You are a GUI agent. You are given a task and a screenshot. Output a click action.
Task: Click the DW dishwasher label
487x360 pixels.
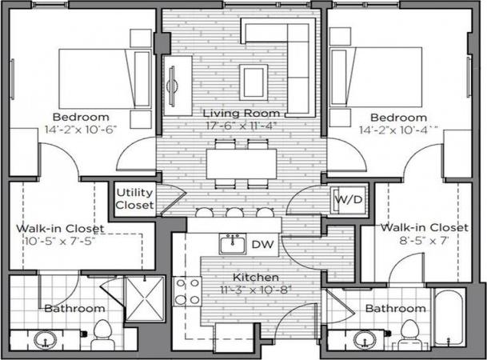coord(261,244)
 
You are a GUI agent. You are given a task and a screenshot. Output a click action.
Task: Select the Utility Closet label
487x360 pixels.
coord(134,198)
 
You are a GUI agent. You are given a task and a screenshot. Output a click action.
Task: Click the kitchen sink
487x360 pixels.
coord(232,243)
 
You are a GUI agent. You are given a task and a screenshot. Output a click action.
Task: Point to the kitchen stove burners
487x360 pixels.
coord(186,290)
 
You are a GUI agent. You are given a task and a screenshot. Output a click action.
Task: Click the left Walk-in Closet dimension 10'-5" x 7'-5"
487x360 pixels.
coord(51,242)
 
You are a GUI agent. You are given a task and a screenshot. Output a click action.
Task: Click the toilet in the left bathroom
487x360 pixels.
coord(102,334)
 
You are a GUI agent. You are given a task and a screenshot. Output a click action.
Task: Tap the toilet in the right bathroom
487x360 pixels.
coord(409,334)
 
